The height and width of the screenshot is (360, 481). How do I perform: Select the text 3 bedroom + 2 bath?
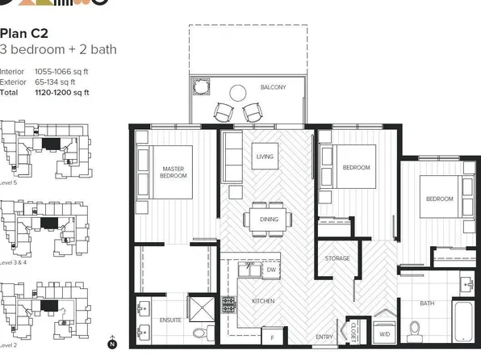point(58,50)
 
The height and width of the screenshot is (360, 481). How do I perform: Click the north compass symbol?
point(112,344)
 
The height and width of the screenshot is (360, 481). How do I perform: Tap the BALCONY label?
point(273,87)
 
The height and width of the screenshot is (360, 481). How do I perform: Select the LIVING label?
point(266,156)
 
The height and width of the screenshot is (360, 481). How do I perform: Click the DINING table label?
point(269,219)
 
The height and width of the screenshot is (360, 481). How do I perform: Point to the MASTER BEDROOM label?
point(174,171)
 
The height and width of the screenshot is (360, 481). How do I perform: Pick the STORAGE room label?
point(337,258)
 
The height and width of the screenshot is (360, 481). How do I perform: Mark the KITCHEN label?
point(263,301)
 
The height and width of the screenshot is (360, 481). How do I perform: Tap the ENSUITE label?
point(170,320)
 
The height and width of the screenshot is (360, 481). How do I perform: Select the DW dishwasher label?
point(271,269)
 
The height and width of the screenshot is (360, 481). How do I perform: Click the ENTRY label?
point(324,337)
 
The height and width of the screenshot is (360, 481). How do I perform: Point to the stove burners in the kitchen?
point(228,305)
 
